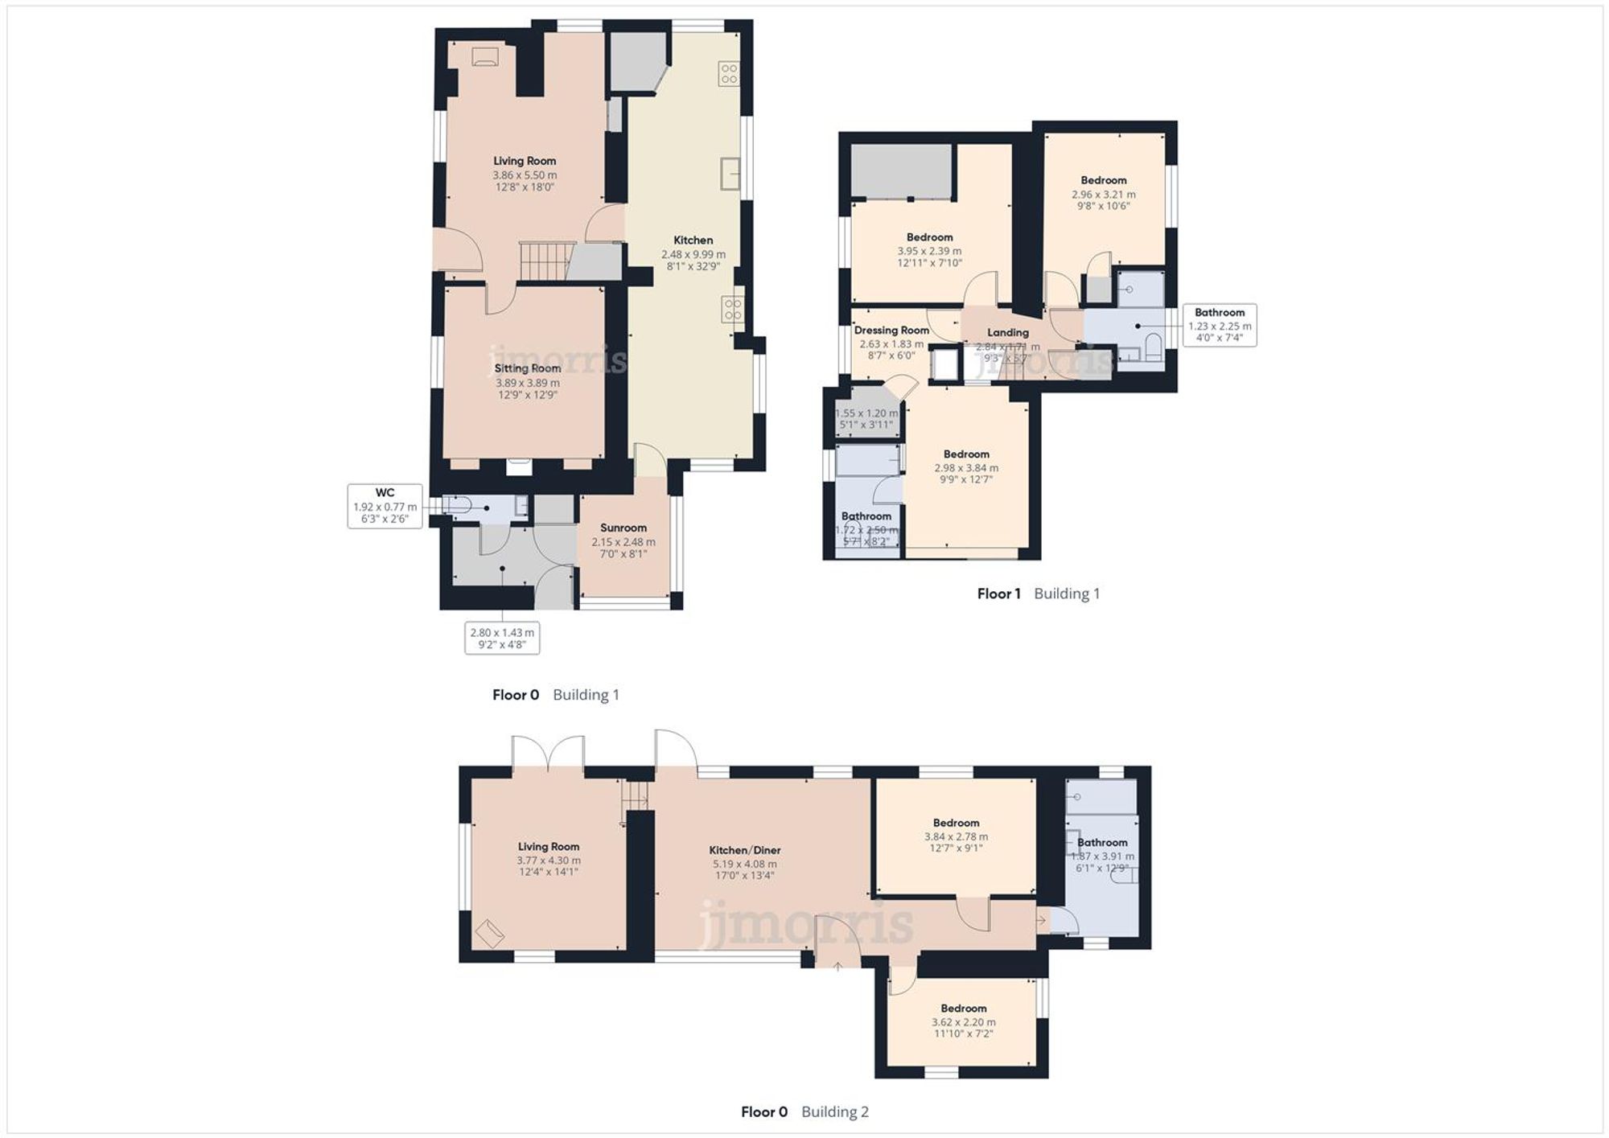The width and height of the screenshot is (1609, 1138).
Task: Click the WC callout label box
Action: coord(385,506)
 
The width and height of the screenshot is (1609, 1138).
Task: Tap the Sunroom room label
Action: coord(623,528)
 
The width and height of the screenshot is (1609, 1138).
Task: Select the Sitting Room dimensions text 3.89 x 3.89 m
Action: coord(527,384)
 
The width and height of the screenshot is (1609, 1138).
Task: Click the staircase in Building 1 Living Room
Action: coord(543,260)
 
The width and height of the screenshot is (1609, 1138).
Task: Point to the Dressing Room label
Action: coord(891,330)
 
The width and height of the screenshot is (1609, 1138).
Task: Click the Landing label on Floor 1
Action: coord(1007,332)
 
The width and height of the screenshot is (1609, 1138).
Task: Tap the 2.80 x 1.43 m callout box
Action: coord(502,639)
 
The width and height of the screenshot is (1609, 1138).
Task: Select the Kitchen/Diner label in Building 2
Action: coord(744,850)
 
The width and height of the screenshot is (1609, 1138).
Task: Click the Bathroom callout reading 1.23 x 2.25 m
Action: coord(1219,325)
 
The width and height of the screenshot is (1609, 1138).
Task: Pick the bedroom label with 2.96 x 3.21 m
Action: coord(1103,180)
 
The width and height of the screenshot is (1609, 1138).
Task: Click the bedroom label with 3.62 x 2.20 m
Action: coord(963,1009)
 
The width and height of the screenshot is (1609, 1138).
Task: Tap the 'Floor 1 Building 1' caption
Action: coord(1038,594)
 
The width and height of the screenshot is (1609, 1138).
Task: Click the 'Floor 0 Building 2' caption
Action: coord(804,1111)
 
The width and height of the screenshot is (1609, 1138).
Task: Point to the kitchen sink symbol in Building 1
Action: coord(730,174)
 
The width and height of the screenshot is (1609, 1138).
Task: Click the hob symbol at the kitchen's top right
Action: coord(729,74)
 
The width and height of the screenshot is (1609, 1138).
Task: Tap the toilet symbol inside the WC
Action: coord(457,507)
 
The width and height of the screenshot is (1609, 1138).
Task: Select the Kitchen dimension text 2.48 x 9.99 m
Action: coord(693,254)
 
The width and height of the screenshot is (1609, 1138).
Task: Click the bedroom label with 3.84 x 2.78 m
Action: coord(956,823)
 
